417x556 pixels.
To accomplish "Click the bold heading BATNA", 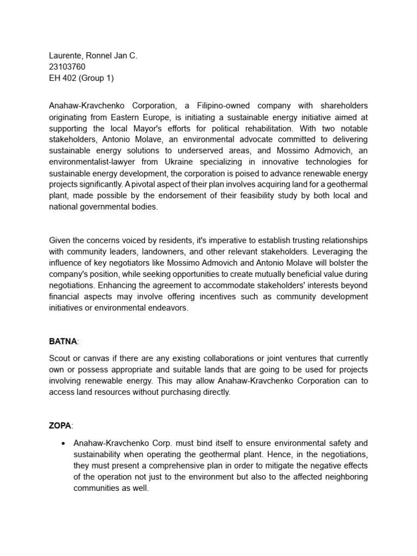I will pos(63,342).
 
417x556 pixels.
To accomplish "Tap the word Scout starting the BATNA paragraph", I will pos(60,358).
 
